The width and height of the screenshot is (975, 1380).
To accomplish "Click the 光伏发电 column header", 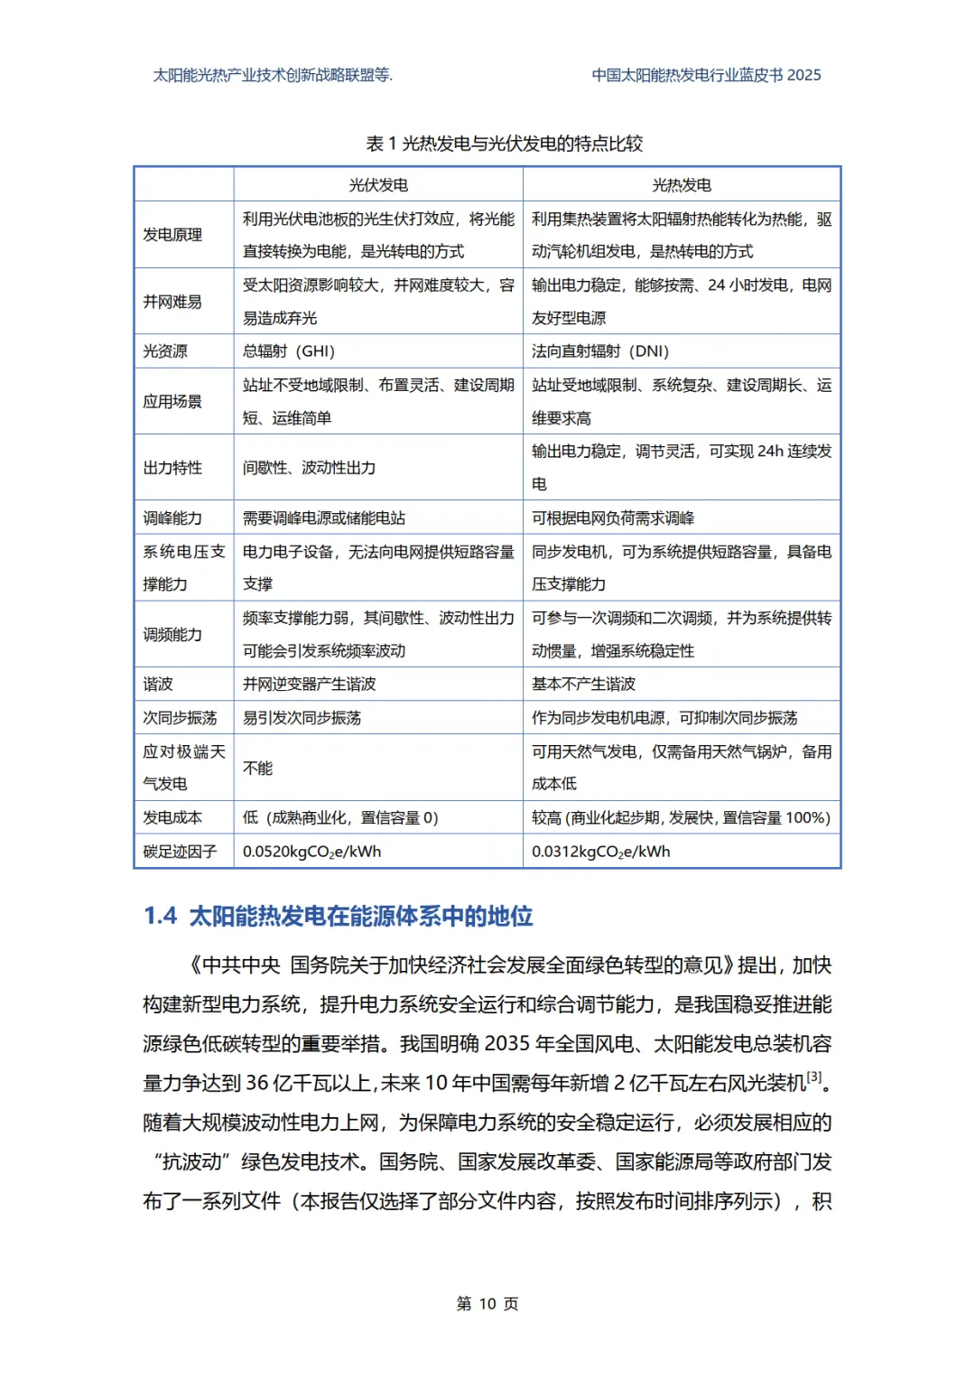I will (x=378, y=185).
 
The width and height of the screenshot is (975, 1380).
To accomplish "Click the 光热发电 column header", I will (x=682, y=185).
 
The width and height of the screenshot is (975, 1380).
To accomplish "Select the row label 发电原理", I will (x=172, y=235).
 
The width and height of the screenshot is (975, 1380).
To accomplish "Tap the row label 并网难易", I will (x=172, y=302).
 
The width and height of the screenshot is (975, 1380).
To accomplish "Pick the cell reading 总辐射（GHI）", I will (x=289, y=351).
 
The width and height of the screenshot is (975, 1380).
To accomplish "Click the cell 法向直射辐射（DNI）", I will (x=600, y=351).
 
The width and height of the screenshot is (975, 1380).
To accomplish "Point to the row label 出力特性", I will (x=172, y=468).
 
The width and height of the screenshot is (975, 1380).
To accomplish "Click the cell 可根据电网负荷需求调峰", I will (x=613, y=518).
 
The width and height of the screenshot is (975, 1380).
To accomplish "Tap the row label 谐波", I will (x=158, y=685).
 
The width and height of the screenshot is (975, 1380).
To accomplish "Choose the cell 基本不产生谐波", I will (x=583, y=685).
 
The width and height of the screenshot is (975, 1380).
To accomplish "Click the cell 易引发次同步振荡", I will (x=302, y=718).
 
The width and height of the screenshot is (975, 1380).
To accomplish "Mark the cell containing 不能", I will (x=257, y=768).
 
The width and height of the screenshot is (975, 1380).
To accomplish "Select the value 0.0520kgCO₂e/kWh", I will (x=311, y=852).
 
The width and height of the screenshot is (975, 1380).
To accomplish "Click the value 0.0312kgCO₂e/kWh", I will (x=600, y=852).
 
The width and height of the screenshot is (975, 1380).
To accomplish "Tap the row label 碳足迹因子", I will (x=180, y=852).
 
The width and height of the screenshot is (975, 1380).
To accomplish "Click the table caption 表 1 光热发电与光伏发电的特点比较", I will (x=505, y=144).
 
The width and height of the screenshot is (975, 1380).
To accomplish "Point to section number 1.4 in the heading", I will (x=161, y=916).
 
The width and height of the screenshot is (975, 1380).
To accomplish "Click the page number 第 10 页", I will (x=487, y=1303).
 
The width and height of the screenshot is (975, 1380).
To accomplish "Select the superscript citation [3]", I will (x=814, y=1077).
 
